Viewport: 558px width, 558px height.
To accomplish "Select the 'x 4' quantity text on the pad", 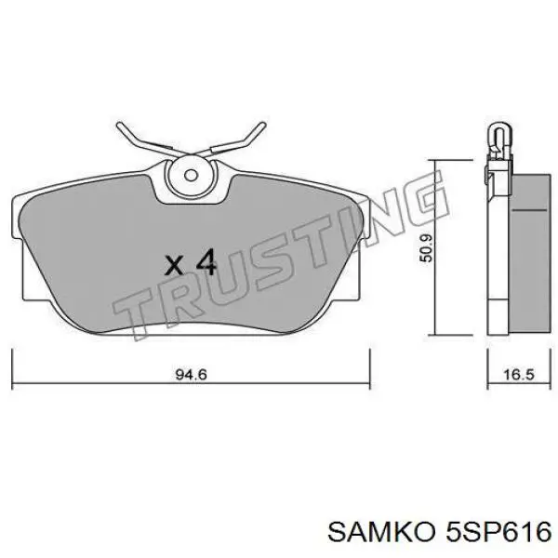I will [x=191, y=263].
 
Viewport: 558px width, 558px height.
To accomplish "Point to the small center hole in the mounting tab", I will [x=192, y=173].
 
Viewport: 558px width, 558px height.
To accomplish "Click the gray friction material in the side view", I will [x=527, y=251].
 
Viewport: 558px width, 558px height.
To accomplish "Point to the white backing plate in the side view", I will [x=500, y=251].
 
